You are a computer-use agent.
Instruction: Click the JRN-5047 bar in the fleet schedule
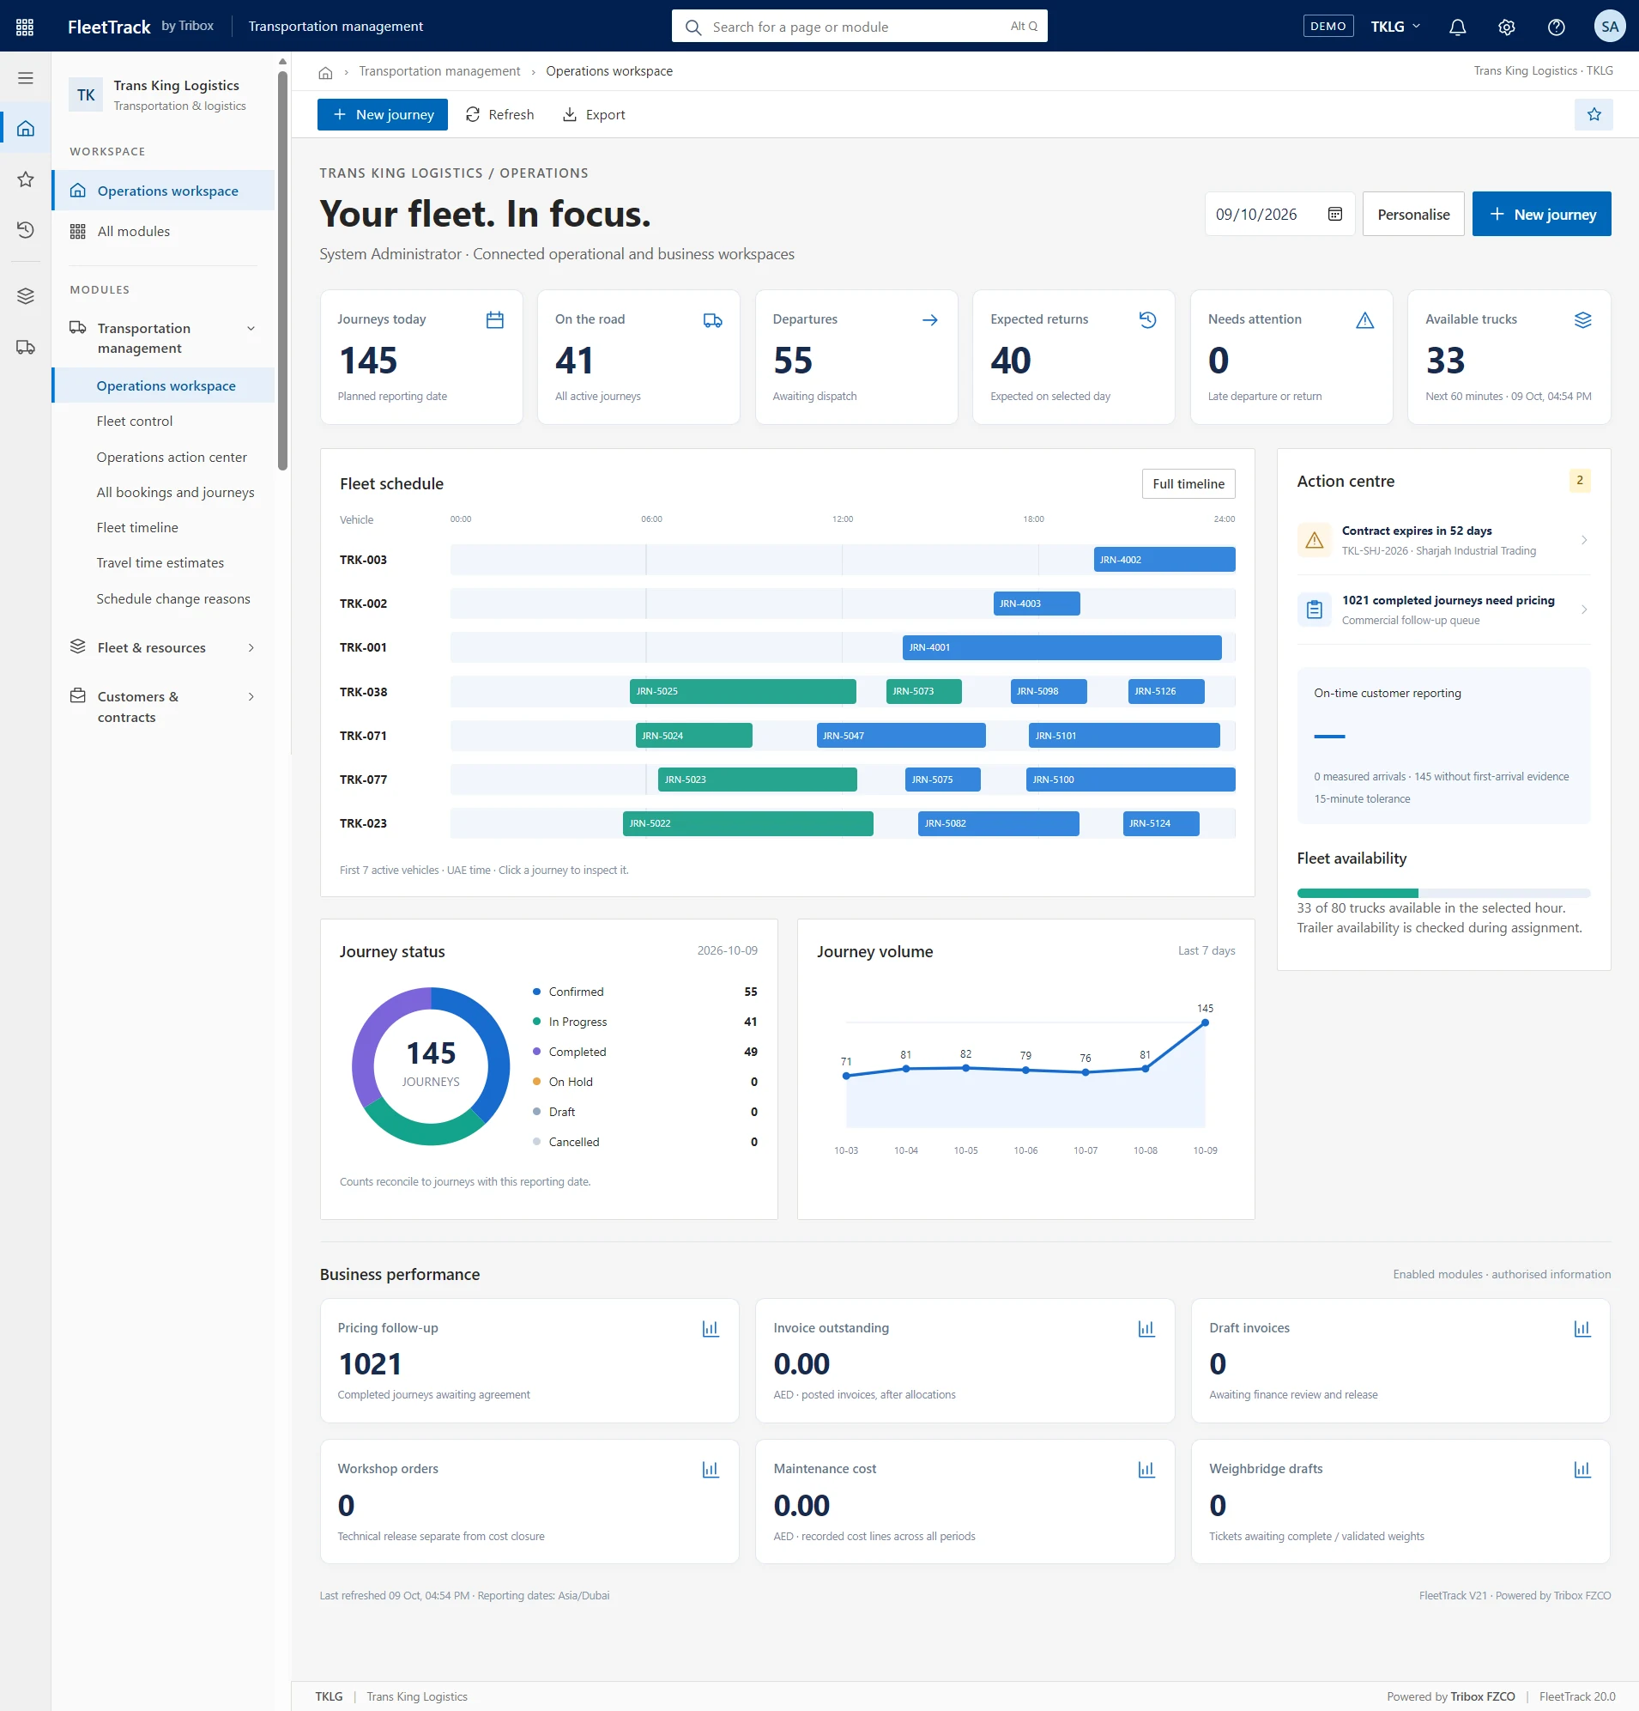pos(901,736)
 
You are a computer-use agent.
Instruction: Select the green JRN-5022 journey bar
pos(748,823)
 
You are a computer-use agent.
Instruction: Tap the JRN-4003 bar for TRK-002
pos(1036,604)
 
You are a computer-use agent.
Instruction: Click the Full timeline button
pos(1188,483)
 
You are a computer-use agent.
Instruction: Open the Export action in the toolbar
pos(594,114)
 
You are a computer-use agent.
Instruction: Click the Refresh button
pos(499,114)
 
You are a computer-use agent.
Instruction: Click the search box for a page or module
pos(859,27)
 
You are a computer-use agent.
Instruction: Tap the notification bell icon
pos(1456,27)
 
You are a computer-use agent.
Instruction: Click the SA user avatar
pos(1609,27)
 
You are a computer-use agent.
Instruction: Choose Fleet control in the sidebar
pos(135,421)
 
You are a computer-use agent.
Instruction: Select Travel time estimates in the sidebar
pos(160,563)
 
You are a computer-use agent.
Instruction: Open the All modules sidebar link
pos(134,231)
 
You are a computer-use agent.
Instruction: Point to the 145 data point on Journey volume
pos(1205,1022)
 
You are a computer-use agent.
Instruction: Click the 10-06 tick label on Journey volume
pos(1025,1150)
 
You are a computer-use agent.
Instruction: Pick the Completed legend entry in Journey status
pos(577,1052)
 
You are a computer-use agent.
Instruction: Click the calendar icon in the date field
pos(1334,214)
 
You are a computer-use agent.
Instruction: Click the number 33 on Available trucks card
pos(1445,361)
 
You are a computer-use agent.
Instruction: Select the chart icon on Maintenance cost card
pos(1146,1469)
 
